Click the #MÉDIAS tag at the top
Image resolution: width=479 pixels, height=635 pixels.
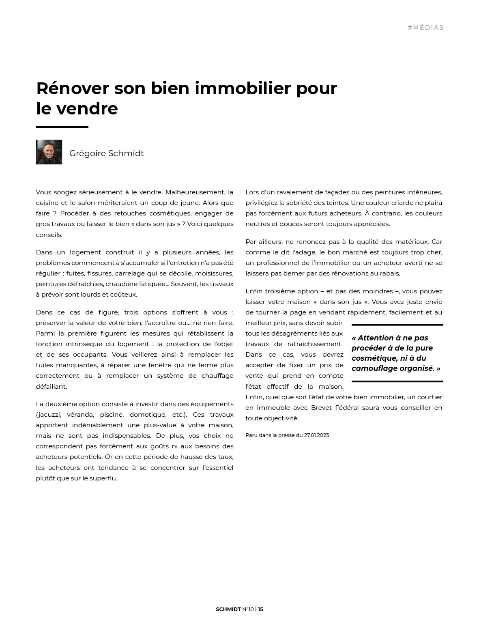[x=425, y=28]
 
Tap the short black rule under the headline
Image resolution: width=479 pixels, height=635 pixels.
[x=62, y=127]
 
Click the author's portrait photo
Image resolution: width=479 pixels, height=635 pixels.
[x=49, y=152]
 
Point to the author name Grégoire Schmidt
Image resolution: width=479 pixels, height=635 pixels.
[x=106, y=153]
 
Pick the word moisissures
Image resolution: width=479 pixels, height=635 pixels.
[x=214, y=273]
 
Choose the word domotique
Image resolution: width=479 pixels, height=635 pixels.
[x=147, y=415]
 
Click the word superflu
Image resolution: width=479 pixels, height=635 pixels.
[x=103, y=478]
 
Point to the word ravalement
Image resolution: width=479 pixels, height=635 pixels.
[x=293, y=192]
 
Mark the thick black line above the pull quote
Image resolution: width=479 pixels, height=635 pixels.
[x=397, y=325]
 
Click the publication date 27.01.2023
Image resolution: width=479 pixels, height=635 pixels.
[x=316, y=435]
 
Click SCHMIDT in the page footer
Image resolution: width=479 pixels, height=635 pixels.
[x=228, y=609]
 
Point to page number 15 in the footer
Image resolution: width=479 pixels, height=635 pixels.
[x=260, y=609]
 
